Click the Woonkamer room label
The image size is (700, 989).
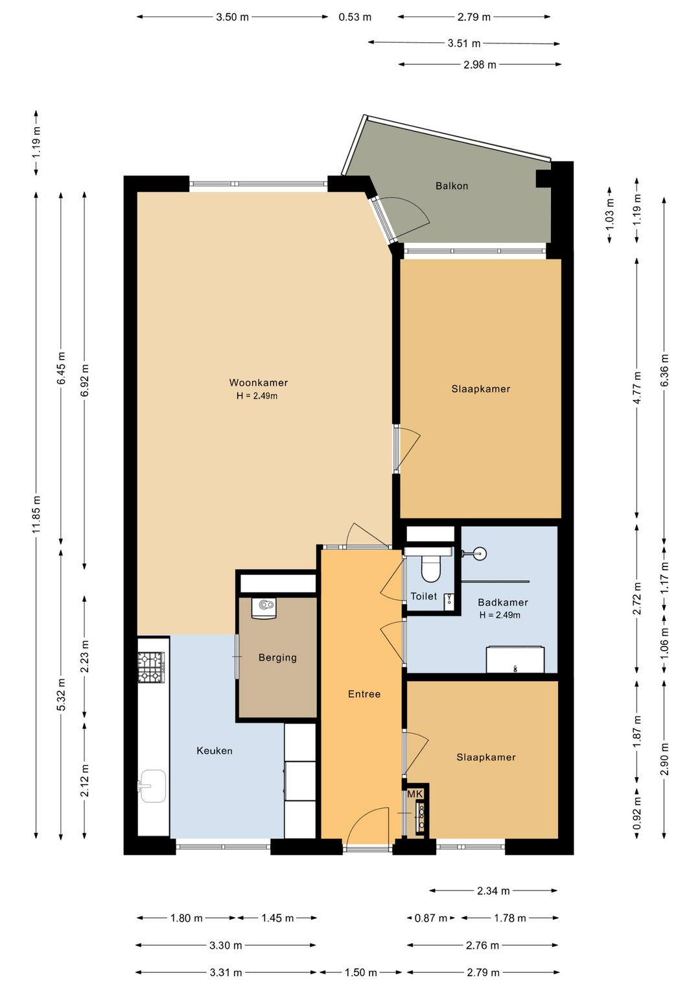pos(259,382)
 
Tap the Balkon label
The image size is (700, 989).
pos(451,186)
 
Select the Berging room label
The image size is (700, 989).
pos(277,658)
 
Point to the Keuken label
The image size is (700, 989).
pos(214,750)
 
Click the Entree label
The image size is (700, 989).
pos(364,694)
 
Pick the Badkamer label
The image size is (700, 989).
pos(502,602)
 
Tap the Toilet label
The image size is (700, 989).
pos(423,596)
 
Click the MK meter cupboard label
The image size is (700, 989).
pos(415,795)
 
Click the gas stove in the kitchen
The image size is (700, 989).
pos(151,667)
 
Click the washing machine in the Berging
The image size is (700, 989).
pos(263,609)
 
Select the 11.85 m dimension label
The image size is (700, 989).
pos(36,514)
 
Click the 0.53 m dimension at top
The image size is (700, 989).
pos(355,17)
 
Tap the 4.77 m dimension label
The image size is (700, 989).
pos(637,388)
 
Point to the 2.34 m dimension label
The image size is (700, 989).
pos(493,891)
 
